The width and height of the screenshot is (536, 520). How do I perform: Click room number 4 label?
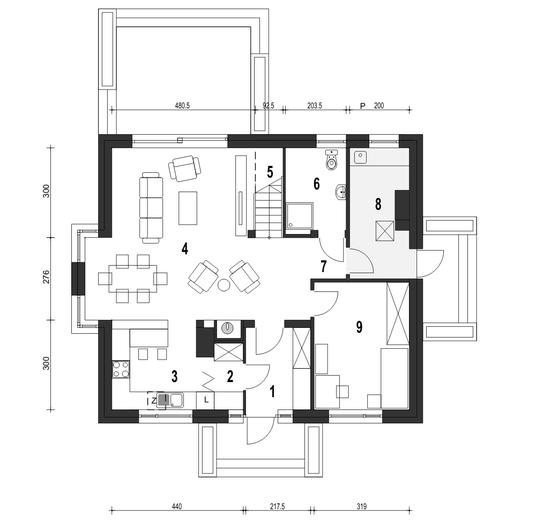point(185,249)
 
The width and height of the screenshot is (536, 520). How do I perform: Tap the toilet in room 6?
point(331,159)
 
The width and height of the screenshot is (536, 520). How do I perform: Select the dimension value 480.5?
point(182,106)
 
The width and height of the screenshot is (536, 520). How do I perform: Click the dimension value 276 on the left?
point(46,277)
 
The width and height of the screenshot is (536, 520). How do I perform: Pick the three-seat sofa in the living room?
point(151,208)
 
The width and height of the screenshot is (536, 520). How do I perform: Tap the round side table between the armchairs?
point(224,285)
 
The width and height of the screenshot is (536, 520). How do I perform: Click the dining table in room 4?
point(133,278)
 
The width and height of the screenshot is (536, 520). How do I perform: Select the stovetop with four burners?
point(121,369)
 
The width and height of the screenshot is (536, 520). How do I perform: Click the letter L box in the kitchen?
point(205,400)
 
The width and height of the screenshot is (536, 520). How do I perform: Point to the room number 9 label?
point(359,327)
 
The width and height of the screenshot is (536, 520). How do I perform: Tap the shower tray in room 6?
point(299,215)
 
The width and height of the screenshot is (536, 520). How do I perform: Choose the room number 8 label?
point(378,204)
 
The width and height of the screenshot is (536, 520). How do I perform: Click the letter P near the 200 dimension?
point(363,106)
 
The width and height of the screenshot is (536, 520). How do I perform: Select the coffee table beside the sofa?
point(188,208)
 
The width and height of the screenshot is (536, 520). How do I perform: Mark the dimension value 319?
point(361,507)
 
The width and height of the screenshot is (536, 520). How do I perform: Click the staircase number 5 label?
point(270,172)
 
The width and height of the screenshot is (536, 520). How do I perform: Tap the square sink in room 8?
point(360,157)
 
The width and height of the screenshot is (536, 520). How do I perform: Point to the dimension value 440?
point(177,507)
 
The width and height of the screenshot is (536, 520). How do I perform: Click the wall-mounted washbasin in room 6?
point(341,192)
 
